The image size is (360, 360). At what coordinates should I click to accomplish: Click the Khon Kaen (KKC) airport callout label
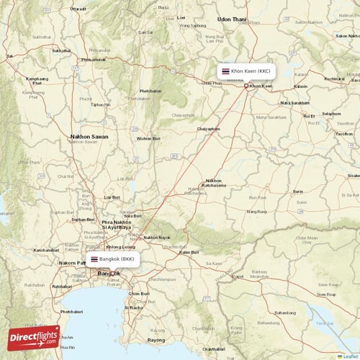(x=247, y=71)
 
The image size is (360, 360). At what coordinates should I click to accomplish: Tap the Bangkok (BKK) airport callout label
(x=112, y=258)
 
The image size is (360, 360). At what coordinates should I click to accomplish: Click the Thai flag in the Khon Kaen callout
(x=226, y=71)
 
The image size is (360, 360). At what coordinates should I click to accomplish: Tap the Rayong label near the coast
(x=156, y=339)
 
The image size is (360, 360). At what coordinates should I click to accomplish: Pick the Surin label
(x=297, y=191)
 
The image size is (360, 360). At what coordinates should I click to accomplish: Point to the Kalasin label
(x=300, y=86)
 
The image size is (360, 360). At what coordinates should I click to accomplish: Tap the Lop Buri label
(x=112, y=197)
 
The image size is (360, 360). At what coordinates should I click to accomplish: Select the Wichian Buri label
(x=148, y=138)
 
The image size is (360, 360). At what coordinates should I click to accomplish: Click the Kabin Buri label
(x=189, y=252)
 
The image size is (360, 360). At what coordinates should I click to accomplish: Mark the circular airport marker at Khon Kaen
(x=246, y=86)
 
